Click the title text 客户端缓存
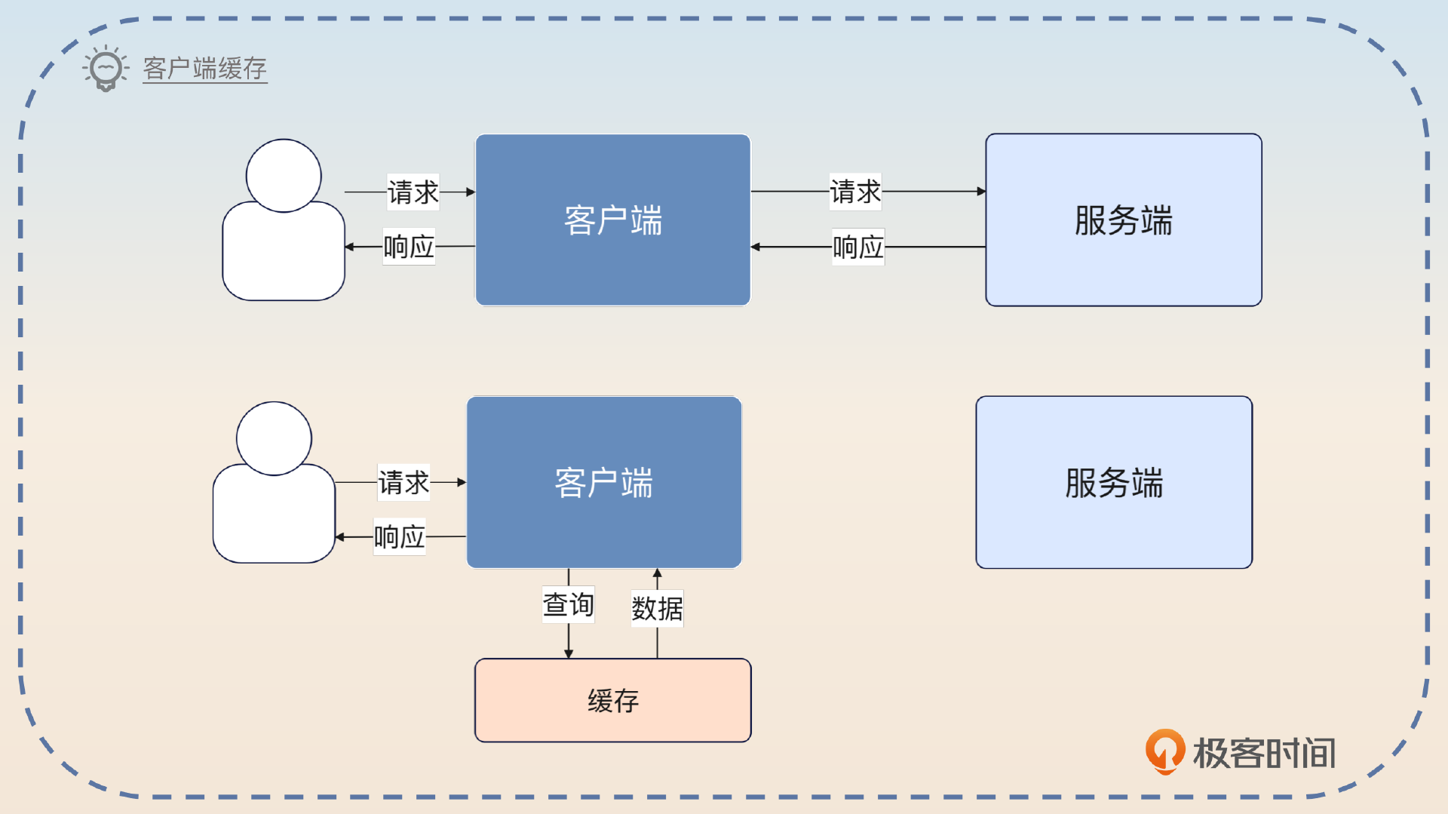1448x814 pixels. point(204,69)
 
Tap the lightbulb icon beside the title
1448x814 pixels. point(106,69)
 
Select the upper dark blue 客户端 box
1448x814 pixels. point(612,220)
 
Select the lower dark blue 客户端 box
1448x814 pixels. point(603,483)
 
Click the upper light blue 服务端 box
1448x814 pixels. point(1123,220)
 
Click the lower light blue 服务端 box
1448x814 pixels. point(1114,483)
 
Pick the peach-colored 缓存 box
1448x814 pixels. point(612,701)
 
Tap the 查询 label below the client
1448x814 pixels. point(568,605)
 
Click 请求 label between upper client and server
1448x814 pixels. point(855,192)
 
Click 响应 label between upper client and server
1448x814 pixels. point(857,247)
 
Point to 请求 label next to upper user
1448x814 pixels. point(413,192)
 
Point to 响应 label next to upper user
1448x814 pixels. point(409,247)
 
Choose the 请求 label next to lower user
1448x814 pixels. point(403,483)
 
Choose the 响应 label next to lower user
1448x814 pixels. point(400,537)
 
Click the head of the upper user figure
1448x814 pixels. point(284,175)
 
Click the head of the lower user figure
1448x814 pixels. point(274,438)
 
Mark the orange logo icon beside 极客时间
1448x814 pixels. point(1164,751)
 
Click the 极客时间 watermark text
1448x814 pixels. point(1264,753)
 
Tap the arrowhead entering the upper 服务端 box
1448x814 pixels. point(981,192)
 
